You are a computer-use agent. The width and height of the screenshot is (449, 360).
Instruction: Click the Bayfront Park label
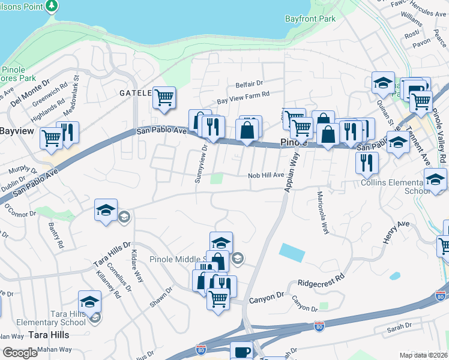pyautogui.click(x=311, y=19)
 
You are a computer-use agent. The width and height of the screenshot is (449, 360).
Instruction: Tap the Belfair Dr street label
pyautogui.click(x=250, y=84)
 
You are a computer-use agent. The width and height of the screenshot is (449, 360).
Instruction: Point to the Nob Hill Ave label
pyautogui.click(x=266, y=175)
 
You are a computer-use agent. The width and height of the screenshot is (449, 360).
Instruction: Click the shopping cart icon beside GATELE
pyautogui.click(x=164, y=97)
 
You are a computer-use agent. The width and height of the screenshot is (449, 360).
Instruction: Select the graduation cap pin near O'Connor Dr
pyautogui.click(x=106, y=210)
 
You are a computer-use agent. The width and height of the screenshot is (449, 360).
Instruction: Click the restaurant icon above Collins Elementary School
pyautogui.click(x=366, y=161)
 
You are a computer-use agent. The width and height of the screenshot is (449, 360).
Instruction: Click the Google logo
pyautogui.click(x=20, y=353)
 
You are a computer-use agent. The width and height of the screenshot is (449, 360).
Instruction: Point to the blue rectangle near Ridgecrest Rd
pyautogui.click(x=292, y=253)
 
